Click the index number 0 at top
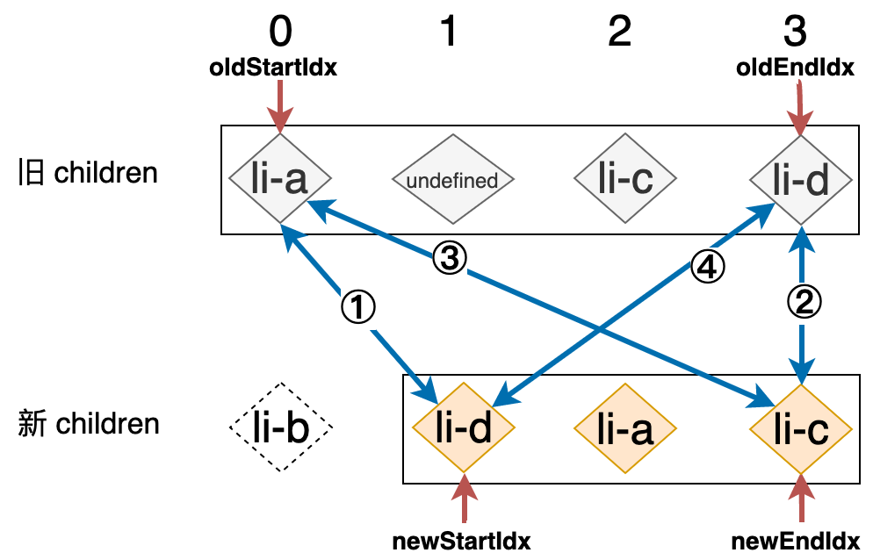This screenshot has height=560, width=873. coord(280,32)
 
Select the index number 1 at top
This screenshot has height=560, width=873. coord(449,32)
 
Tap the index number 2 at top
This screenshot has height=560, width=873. coord(619,32)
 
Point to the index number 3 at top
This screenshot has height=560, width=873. coord(795,32)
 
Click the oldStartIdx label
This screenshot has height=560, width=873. coord(274,68)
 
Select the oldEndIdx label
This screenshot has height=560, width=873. coord(794,68)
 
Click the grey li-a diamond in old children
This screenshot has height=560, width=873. coord(280,180)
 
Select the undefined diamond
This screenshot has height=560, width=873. coord(452,181)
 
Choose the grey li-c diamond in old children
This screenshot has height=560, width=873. coord(625,180)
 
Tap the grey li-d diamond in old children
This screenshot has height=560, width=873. coord(801,180)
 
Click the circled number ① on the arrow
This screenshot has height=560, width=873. coord(357,306)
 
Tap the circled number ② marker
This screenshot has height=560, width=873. coord(803,301)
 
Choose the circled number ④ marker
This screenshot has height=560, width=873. coord(708,267)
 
